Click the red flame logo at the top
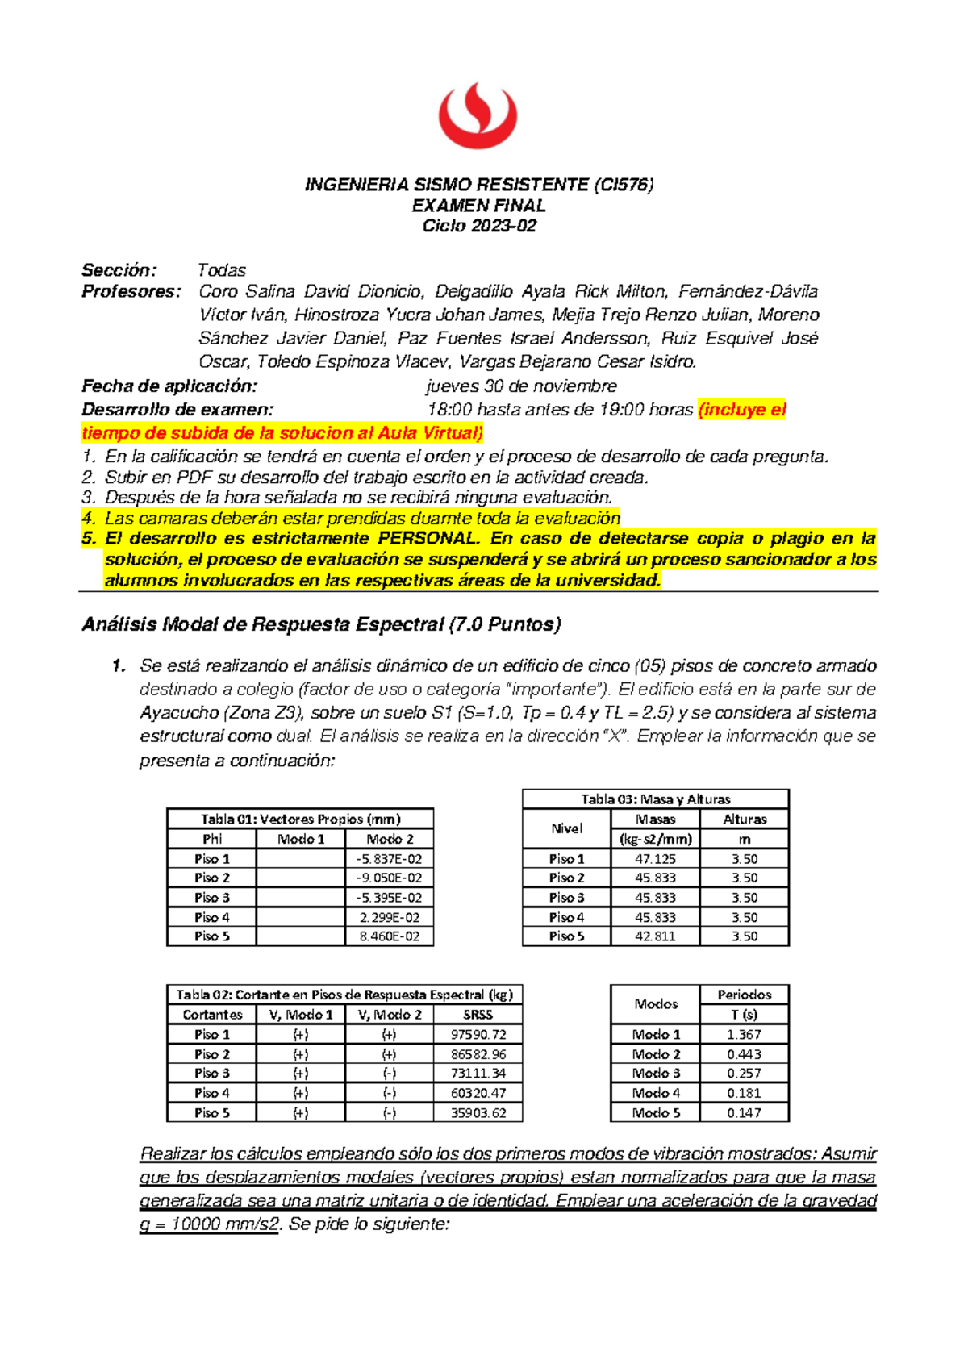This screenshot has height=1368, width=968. [x=478, y=116]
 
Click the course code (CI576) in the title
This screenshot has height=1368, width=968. [x=623, y=185]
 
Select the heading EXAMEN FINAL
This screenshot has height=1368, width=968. [x=478, y=206]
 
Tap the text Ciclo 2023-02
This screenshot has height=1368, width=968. [x=478, y=226]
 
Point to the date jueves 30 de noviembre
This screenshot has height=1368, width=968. [x=521, y=386]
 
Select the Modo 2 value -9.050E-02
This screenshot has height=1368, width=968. [x=389, y=878]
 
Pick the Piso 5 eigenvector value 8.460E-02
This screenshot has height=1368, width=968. [x=389, y=936]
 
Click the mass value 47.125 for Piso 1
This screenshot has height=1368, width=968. [x=655, y=859]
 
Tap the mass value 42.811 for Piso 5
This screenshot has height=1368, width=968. [x=655, y=936]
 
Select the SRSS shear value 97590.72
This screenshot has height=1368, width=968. [x=478, y=1035]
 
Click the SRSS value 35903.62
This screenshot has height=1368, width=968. [x=478, y=1113]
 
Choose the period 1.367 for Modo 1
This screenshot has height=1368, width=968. [x=744, y=1035]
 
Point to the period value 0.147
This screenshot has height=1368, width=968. [x=744, y=1113]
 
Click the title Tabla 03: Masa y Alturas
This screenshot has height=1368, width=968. [x=655, y=799]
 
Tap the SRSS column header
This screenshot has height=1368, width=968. [x=478, y=1015]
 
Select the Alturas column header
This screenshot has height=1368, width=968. [x=745, y=820]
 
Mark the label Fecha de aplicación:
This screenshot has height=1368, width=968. [x=169, y=386]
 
